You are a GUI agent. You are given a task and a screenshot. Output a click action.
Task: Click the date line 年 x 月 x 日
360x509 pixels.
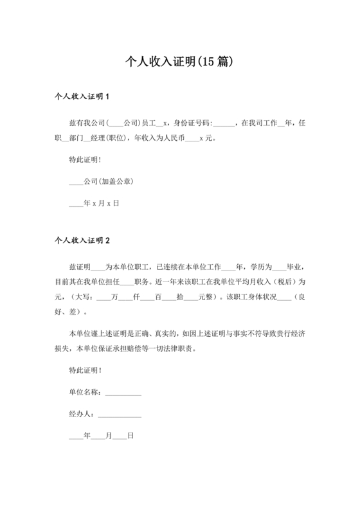click(94, 203)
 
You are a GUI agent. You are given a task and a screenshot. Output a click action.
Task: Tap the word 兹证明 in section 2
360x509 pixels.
click(80, 266)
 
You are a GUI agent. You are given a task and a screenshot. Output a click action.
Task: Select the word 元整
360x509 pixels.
click(204, 297)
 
